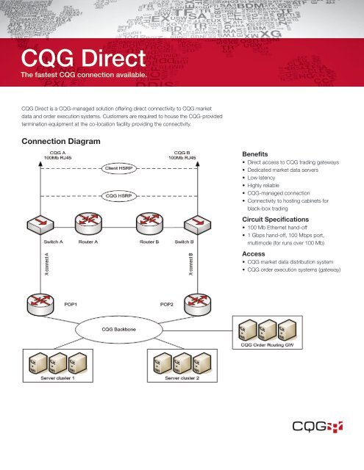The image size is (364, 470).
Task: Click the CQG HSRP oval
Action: point(120,196)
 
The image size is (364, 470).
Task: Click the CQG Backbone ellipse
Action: point(121,331)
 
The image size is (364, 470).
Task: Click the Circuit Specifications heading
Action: point(283,218)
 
